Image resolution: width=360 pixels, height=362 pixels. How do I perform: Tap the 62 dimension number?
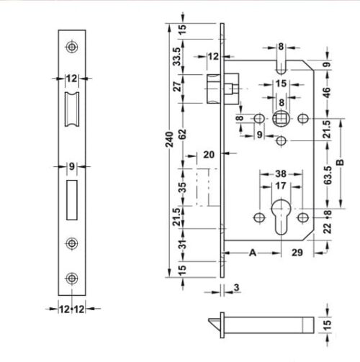coord(184,132)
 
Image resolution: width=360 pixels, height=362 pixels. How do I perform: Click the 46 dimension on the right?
coord(328,92)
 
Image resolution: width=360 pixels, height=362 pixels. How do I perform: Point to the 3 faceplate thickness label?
coord(236,289)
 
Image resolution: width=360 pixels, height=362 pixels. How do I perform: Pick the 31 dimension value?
coord(184,245)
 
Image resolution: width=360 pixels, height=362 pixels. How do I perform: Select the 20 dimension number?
coord(209,154)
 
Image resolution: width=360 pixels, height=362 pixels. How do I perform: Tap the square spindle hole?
coord(281,118)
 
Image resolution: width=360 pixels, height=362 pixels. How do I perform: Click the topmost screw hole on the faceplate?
coord(71,47)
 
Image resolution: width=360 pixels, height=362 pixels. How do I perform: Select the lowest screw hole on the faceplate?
coord(71,278)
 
